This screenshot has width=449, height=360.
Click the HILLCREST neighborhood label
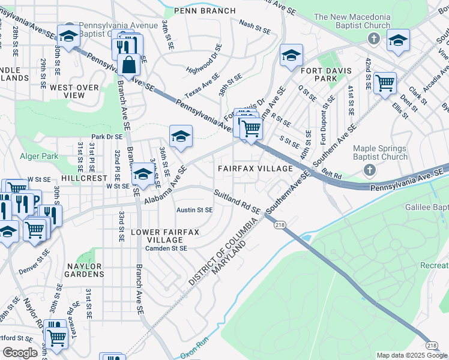pyautogui.click(x=82, y=178)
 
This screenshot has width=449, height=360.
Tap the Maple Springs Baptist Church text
pyautogui.click(x=380, y=153)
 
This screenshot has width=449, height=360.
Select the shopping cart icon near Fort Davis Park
pyautogui.click(x=384, y=82)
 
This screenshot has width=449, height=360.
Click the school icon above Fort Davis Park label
pyautogui.click(x=291, y=56)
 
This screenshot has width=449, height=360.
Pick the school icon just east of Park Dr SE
pyautogui.click(x=180, y=136)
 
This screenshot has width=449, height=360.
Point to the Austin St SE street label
pyautogui.click(x=194, y=210)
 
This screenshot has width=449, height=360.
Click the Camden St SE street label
pyautogui.click(x=166, y=248)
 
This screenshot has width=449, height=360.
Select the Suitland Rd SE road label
pyautogui.click(x=238, y=202)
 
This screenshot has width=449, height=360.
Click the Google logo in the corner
pyautogui.click(x=20, y=353)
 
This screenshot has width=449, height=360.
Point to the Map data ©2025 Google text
pyautogui.click(x=411, y=355)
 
